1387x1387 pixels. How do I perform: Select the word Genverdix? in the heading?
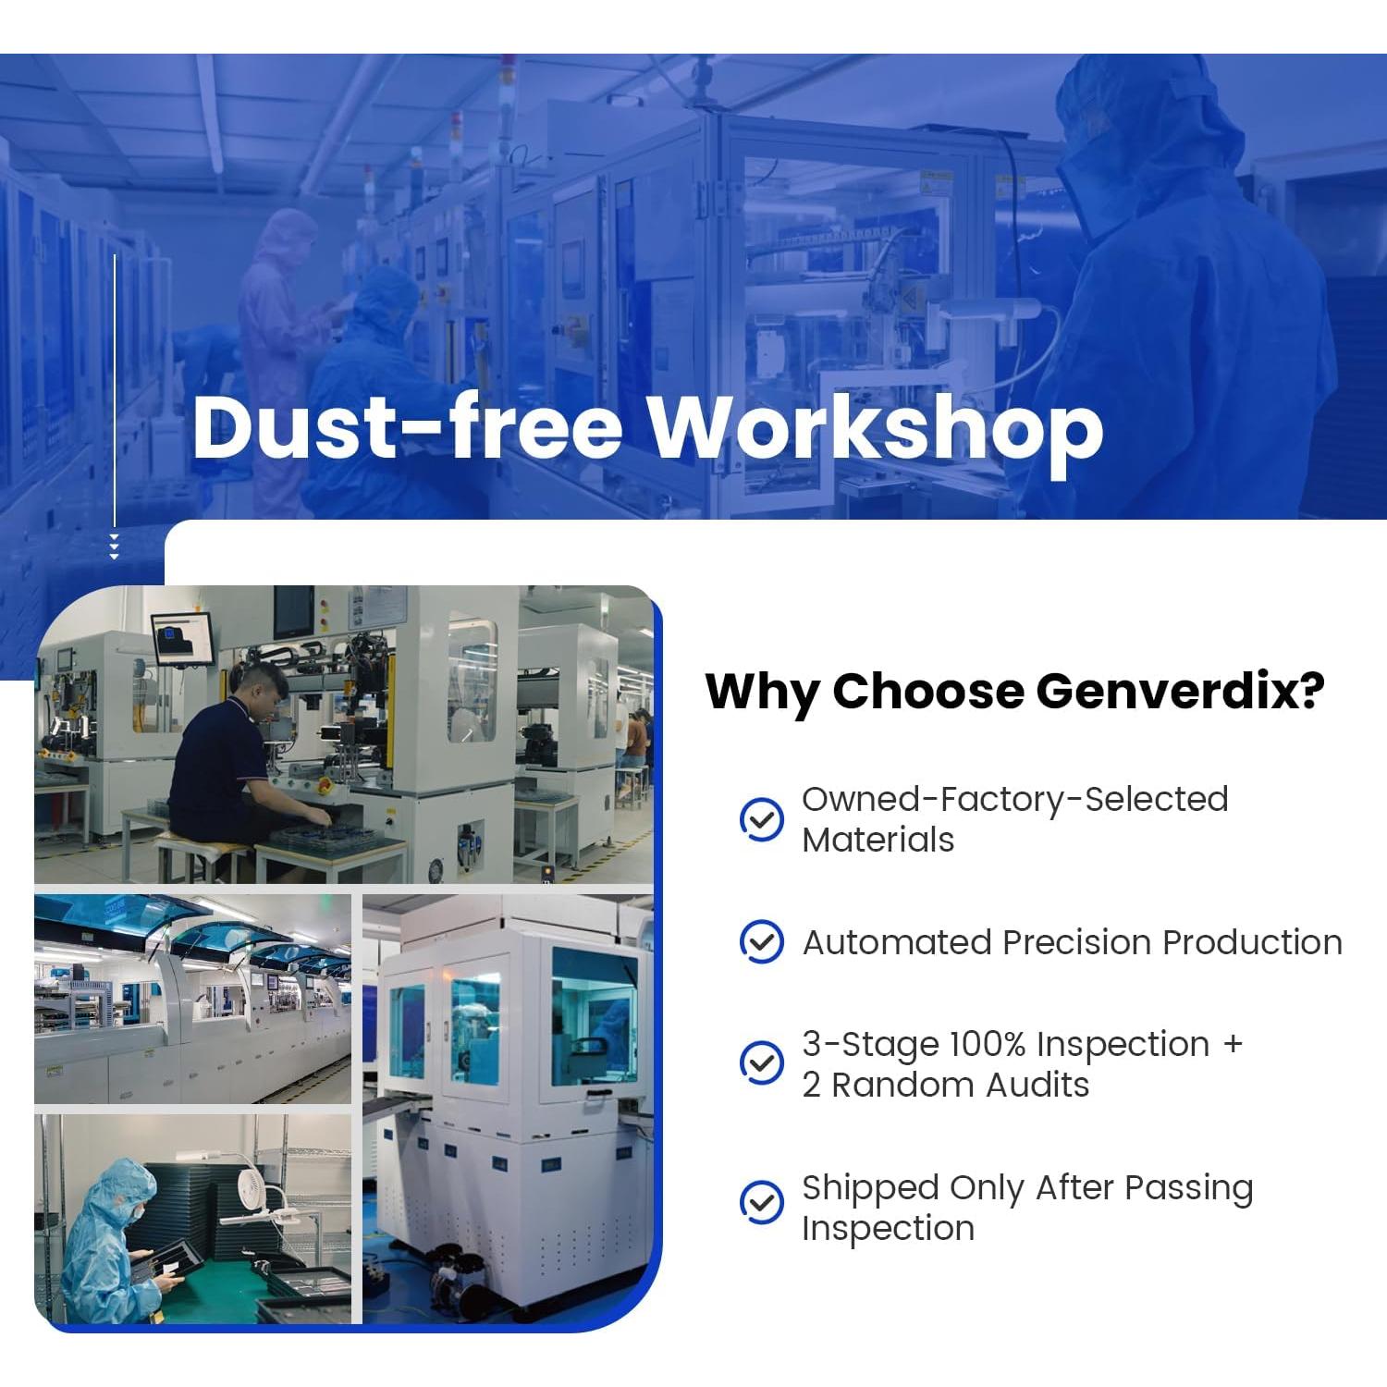pos(1181,691)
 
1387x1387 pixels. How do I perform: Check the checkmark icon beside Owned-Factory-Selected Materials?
pos(762,820)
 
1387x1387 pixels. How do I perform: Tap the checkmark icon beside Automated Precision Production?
pos(762,942)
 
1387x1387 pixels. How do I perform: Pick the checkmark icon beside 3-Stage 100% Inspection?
pos(762,1063)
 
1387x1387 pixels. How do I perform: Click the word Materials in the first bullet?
pos(878,840)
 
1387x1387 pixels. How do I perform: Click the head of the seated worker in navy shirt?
pos(256,685)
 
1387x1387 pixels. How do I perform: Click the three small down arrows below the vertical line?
pos(115,547)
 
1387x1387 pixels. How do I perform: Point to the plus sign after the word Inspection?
pos(1233,1045)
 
